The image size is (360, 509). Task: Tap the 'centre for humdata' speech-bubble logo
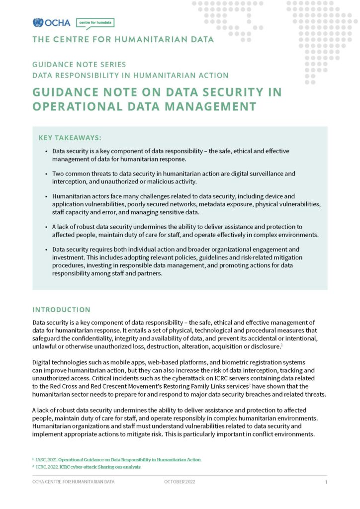[x=95, y=23]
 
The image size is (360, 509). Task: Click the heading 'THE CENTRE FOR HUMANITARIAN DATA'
[x=123, y=40]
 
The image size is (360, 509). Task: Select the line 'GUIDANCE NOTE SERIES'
[x=79, y=65]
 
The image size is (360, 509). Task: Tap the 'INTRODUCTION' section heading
[x=61, y=309]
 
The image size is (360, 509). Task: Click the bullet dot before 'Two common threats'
[x=46, y=174]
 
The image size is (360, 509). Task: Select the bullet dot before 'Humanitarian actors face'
[x=46, y=196]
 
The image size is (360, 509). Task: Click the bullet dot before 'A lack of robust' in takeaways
[x=46, y=226]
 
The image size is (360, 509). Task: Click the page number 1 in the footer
[x=326, y=483]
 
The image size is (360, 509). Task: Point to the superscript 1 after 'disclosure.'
[x=281, y=344]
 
